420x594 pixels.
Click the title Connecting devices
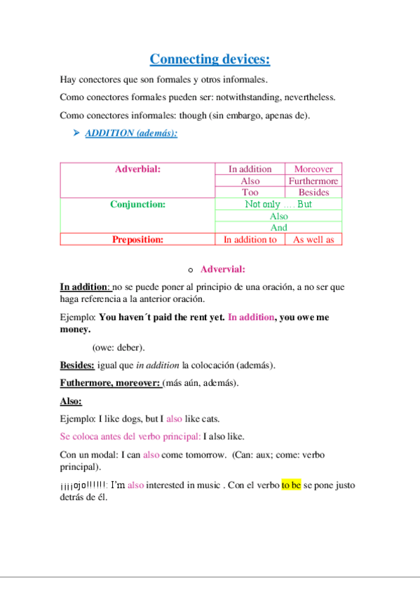[x=210, y=59]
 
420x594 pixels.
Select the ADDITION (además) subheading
[x=131, y=132]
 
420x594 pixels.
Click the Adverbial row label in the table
[x=137, y=169]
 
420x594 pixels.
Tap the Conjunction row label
[x=137, y=205]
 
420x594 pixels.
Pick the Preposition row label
[x=137, y=240]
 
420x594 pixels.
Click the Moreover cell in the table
[x=313, y=169]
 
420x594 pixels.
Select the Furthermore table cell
[x=313, y=181]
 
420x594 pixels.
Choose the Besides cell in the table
[x=313, y=193]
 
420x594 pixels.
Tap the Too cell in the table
[x=250, y=193]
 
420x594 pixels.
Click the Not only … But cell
[x=278, y=205]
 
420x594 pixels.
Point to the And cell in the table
[x=278, y=228]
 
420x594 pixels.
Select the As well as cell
[x=313, y=240]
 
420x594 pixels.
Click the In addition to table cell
[x=250, y=240]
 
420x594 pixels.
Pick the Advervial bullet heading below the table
[x=222, y=269]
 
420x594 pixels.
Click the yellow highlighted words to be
[x=291, y=485]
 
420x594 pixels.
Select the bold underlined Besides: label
[x=77, y=365]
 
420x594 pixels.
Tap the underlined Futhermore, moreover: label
[x=110, y=383]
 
